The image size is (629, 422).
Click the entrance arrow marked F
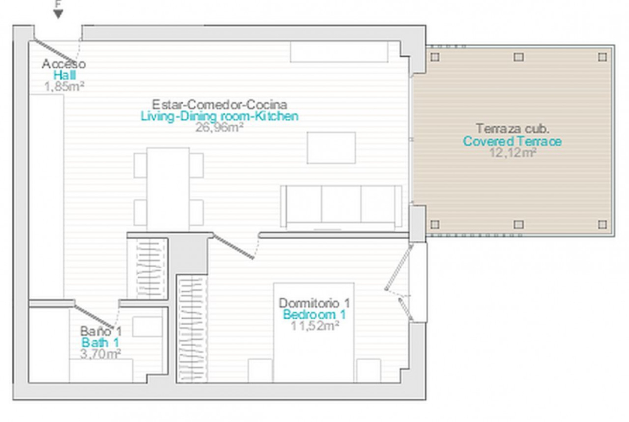(x=58, y=14)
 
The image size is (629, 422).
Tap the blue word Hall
(x=64, y=75)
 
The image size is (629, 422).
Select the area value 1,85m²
(x=64, y=86)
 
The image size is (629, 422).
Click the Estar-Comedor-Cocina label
(x=219, y=105)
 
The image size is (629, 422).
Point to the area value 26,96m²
(x=219, y=127)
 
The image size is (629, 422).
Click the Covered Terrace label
(x=512, y=141)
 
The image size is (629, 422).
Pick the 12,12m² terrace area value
(x=513, y=153)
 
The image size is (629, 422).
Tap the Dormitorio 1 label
(x=314, y=303)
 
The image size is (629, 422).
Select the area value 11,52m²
(x=315, y=326)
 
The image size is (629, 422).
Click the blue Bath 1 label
(x=101, y=342)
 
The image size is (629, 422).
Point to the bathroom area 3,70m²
(x=101, y=354)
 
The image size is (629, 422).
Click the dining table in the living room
(x=168, y=189)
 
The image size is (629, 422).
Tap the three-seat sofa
(x=341, y=206)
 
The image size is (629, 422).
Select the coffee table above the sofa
(x=331, y=148)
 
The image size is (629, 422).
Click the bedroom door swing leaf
(x=233, y=247)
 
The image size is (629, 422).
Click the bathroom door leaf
(x=95, y=317)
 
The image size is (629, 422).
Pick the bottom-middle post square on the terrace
(x=519, y=224)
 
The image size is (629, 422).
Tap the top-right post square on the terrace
(x=602, y=57)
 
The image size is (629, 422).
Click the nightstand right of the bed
(x=369, y=370)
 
